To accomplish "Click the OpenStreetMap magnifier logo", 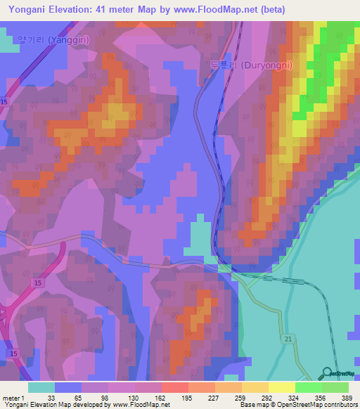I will point(327,373).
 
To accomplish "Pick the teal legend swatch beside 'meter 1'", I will point(41,387).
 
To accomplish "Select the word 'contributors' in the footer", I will point(340,404).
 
